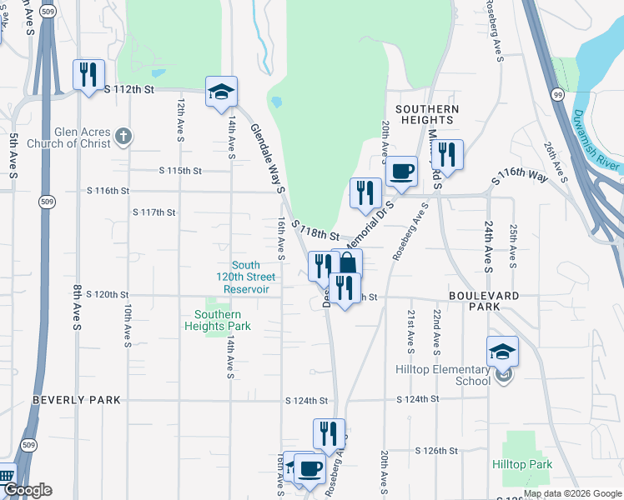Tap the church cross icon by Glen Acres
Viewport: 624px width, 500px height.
pos(123,136)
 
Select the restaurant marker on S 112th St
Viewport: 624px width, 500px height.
pos(88,73)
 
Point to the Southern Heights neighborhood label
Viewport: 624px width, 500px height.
pos(427,114)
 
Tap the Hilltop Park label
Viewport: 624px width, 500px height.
pos(522,464)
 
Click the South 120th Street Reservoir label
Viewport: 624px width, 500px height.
pos(245,277)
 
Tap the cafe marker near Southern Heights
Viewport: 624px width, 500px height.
pos(402,171)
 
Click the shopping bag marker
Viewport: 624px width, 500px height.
pos(347,264)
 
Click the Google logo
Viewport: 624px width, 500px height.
pos(28,491)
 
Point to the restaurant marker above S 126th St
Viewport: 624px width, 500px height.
pos(329,433)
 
